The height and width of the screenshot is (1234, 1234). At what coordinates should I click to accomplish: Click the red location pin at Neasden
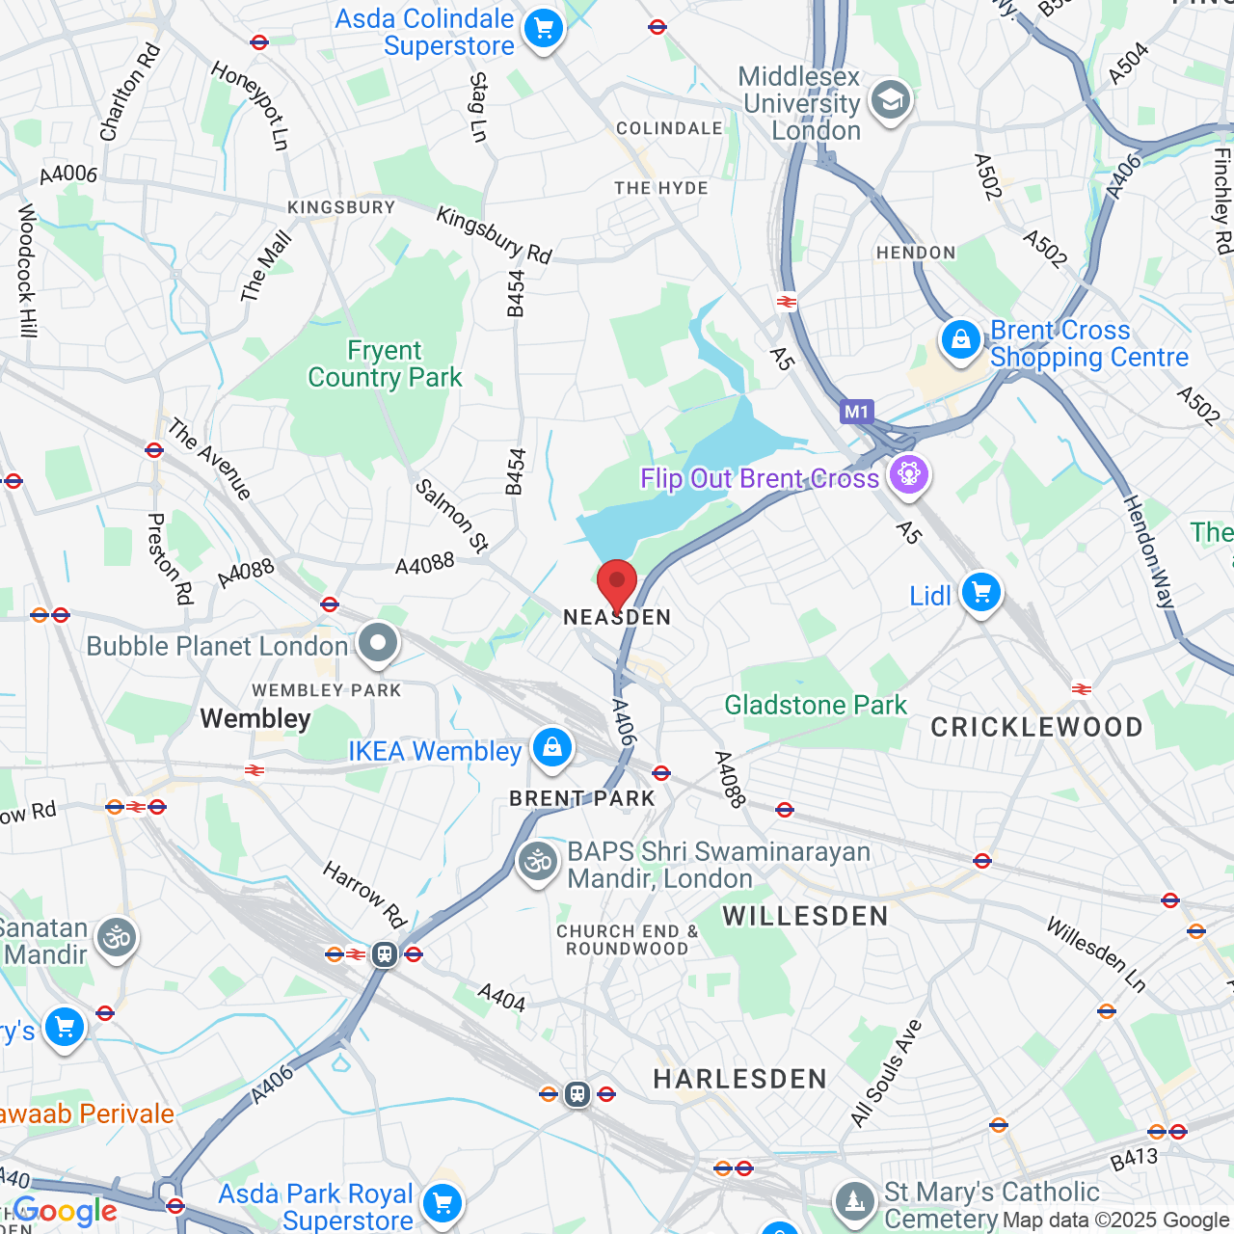[617, 582]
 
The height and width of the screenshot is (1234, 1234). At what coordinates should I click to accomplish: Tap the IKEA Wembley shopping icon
[551, 747]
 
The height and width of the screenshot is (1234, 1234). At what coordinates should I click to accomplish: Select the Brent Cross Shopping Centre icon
[960, 340]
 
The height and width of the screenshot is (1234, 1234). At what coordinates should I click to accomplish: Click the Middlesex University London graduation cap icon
[890, 100]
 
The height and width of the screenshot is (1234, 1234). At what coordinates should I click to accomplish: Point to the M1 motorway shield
[856, 413]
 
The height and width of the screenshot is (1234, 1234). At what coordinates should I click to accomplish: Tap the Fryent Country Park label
[385, 363]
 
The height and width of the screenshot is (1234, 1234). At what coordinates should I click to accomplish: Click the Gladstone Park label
[816, 705]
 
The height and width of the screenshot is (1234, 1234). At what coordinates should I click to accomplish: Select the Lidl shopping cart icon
[981, 593]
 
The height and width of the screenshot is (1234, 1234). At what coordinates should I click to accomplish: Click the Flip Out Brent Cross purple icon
[908, 474]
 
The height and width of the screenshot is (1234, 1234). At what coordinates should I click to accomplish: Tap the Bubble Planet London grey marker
[378, 643]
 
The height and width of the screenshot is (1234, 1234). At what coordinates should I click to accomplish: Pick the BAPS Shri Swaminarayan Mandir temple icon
[538, 862]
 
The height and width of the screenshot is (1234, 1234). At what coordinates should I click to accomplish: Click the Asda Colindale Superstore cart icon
[544, 29]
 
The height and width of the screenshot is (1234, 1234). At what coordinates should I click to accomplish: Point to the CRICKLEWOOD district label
[1036, 727]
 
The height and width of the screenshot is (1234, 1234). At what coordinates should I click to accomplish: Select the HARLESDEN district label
[739, 1079]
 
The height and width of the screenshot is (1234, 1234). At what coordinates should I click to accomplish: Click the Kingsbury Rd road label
[494, 234]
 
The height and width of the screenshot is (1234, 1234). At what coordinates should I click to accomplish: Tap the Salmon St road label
[451, 516]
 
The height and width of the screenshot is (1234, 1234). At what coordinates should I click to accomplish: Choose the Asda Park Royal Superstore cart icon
[443, 1202]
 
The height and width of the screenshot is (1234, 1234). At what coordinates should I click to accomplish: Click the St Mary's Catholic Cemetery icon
[854, 1201]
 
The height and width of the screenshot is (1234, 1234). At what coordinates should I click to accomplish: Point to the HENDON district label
[916, 253]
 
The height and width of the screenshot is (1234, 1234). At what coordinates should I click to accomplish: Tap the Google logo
[65, 1212]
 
